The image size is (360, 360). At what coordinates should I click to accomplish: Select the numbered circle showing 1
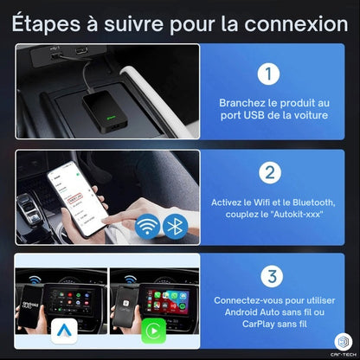[271, 74]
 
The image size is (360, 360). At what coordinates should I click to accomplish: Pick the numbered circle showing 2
[271, 174]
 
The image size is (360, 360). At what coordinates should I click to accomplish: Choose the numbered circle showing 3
[271, 277]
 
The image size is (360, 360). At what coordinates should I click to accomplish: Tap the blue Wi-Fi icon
[149, 227]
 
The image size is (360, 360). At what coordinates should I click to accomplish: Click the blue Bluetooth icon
[177, 227]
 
